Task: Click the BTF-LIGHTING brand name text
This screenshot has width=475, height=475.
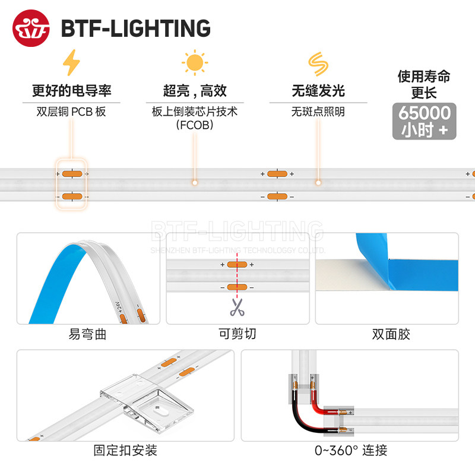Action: pos(135,28)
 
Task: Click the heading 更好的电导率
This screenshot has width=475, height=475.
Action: pos(71,91)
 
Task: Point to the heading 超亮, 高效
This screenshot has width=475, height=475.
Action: pos(195,91)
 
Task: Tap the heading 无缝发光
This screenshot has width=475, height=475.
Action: pos(318,91)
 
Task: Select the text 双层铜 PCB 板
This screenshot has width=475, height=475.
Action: pos(71,111)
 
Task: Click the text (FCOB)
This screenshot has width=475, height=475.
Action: pos(195,125)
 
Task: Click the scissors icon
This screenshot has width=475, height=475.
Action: pos(237,308)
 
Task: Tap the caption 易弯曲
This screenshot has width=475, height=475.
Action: pos(88,335)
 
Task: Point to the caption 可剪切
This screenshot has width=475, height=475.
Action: pos(237,334)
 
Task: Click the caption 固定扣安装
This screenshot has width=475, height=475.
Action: pos(125,451)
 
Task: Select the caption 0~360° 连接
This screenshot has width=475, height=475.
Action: pos(351,451)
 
